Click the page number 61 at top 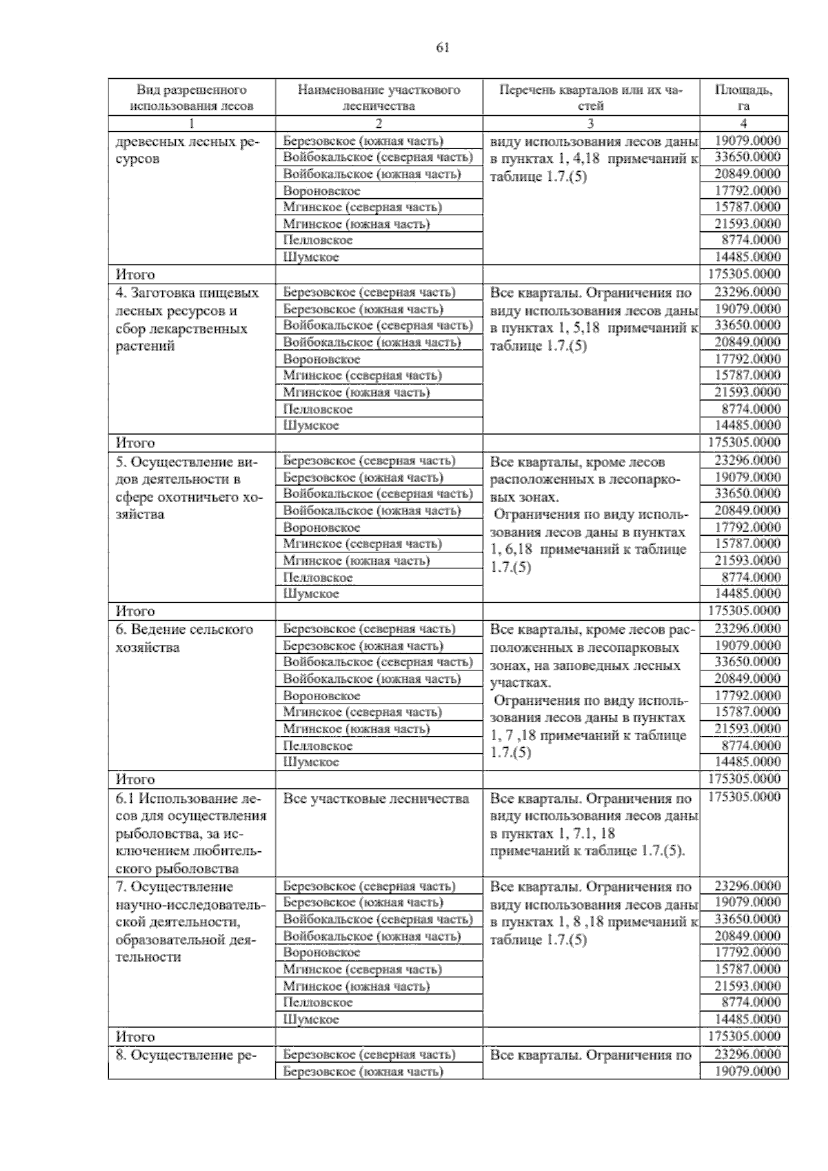[x=443, y=48]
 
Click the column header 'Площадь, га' [x=743, y=97]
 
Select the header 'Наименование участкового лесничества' [x=379, y=97]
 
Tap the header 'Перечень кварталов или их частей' [x=591, y=97]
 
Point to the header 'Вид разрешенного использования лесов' [x=192, y=97]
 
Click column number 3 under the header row [x=591, y=124]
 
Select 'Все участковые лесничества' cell [x=376, y=799]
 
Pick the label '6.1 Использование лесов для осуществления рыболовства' [x=191, y=833]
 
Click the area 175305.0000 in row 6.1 [x=745, y=797]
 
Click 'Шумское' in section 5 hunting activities [x=311, y=594]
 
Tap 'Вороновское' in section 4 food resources [x=322, y=360]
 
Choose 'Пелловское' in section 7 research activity [x=317, y=1003]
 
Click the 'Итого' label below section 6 [x=135, y=780]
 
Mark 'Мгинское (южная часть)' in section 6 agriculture [x=356, y=729]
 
